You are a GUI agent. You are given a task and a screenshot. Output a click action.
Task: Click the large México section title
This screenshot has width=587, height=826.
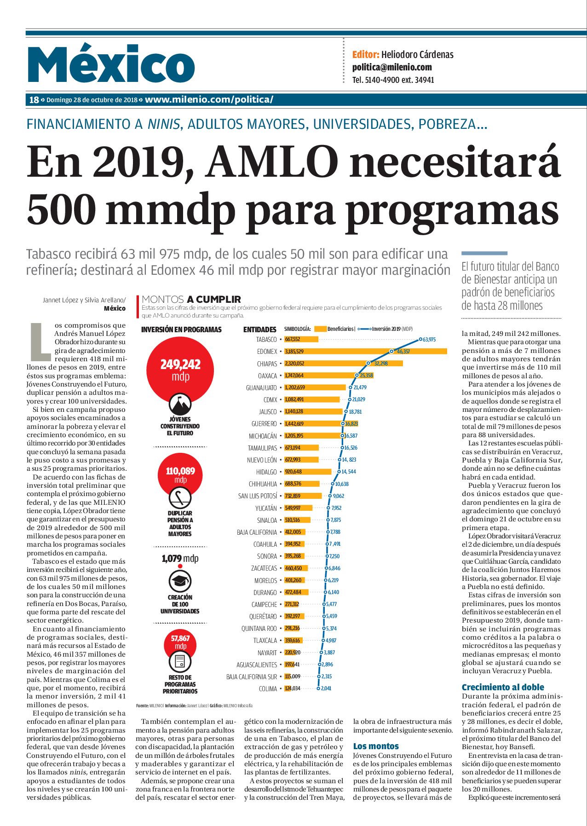(111, 64)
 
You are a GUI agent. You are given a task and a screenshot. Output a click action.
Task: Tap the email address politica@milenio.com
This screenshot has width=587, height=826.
(392, 67)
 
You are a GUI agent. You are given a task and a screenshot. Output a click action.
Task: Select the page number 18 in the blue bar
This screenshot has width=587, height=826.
(34, 100)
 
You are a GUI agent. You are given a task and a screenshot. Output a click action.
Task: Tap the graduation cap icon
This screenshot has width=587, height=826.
(180, 581)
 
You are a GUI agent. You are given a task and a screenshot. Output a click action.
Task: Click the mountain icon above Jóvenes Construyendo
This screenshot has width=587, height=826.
(180, 404)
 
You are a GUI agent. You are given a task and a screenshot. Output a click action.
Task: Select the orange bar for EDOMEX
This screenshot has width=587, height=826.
(365, 352)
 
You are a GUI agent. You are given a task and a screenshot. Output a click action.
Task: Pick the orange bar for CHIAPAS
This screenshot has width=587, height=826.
(343, 364)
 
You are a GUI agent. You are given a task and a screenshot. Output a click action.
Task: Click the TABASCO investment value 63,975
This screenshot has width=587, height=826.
(429, 340)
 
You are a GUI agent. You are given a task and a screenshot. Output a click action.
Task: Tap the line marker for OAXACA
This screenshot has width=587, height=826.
(357, 375)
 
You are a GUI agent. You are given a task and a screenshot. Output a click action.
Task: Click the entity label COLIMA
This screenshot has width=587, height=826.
(268, 689)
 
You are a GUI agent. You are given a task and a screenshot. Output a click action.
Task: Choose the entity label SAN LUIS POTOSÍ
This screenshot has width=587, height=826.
(258, 496)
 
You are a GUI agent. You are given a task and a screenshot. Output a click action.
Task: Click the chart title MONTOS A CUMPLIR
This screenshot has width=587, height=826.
(191, 299)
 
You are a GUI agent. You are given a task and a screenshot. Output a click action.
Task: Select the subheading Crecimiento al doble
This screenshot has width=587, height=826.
(503, 687)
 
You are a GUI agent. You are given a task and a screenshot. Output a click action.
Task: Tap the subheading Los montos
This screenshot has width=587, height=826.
(376, 746)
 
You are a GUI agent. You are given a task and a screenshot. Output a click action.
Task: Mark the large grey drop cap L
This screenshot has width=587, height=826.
(40, 341)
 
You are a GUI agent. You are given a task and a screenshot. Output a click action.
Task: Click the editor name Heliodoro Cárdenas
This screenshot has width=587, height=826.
(417, 55)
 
